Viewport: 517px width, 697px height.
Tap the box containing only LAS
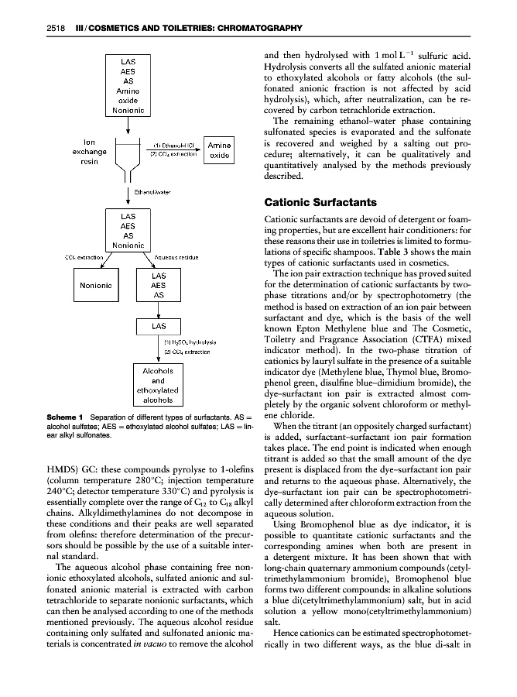pyautogui.click(x=157, y=327)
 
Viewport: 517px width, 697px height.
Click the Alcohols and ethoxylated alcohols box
pyautogui.click(x=157, y=386)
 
